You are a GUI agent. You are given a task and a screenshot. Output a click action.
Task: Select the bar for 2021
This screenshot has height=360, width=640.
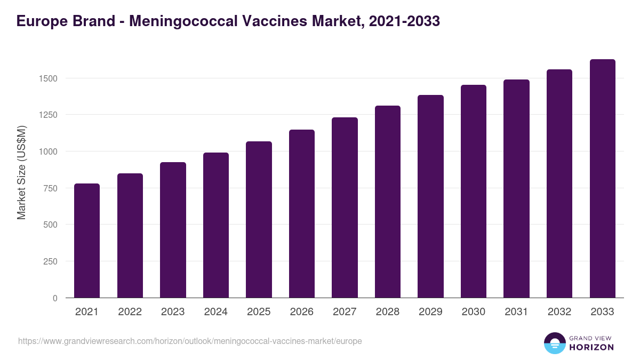tap(87, 241)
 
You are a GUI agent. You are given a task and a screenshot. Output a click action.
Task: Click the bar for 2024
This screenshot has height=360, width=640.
tap(216, 225)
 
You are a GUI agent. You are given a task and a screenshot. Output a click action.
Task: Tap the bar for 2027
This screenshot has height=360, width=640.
tap(345, 207)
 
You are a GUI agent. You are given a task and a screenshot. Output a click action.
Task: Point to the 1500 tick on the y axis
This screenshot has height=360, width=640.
tap(47, 78)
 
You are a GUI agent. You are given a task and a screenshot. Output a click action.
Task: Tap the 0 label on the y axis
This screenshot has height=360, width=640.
tap(55, 298)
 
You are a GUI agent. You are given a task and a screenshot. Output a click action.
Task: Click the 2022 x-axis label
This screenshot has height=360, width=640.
tap(130, 312)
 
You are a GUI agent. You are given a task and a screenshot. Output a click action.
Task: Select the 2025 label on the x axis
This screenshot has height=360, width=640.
tap(259, 312)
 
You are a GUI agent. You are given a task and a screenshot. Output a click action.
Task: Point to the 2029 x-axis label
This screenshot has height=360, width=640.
tap(430, 312)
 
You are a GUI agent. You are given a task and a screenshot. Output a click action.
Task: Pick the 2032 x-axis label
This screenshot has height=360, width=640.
tap(559, 312)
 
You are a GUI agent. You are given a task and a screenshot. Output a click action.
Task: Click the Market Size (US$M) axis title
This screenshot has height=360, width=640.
tap(21, 172)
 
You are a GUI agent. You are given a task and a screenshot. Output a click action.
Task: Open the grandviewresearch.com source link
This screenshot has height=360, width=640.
tap(190, 341)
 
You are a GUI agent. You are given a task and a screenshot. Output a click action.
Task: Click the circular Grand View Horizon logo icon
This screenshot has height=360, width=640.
tap(554, 343)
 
